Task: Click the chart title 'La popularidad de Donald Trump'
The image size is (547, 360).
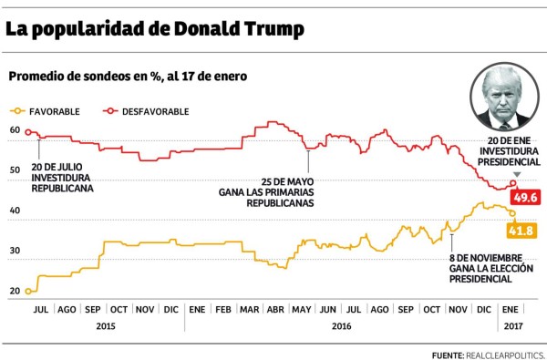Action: pos(155,28)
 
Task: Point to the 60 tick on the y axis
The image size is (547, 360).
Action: pos(15,130)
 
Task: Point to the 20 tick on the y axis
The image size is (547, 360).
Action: pos(15,291)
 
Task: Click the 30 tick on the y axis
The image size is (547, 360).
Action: pos(15,251)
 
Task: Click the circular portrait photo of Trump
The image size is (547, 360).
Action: pos(503,98)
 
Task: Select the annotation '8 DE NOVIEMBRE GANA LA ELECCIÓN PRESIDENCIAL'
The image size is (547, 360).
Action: pos(482,268)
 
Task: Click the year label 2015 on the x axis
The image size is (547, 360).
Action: pos(105,325)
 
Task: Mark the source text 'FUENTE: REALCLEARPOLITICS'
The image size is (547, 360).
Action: pos(487,353)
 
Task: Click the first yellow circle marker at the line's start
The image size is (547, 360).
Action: pos(29,292)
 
